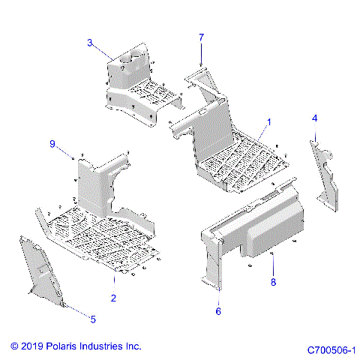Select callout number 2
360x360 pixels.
pos(113,298)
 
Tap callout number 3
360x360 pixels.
pos(89,43)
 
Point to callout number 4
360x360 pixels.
pos(315,118)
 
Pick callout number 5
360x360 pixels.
pos(93,319)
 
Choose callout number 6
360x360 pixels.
pos(218,310)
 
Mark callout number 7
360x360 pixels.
pos(201,37)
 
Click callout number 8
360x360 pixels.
pos(273,283)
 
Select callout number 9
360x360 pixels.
pos(52,143)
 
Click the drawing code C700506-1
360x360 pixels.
pos(330,349)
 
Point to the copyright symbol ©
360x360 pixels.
pos(14,346)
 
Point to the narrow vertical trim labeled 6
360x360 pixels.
pos(211,259)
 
